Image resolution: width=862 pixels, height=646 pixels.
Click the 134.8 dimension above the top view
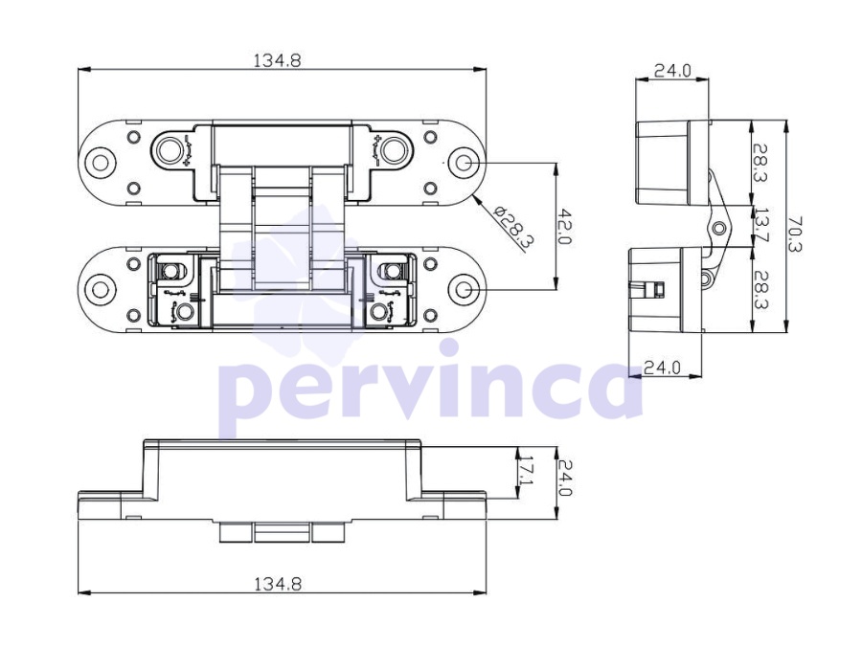277,60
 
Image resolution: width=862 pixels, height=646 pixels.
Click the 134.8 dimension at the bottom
278,584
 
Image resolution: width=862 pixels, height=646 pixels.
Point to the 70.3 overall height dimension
795,234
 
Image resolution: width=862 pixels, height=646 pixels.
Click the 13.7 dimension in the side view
761,225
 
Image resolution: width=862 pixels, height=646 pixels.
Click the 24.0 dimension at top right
672,71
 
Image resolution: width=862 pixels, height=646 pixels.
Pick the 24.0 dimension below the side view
663,368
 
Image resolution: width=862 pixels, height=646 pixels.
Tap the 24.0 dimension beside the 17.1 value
564,478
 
